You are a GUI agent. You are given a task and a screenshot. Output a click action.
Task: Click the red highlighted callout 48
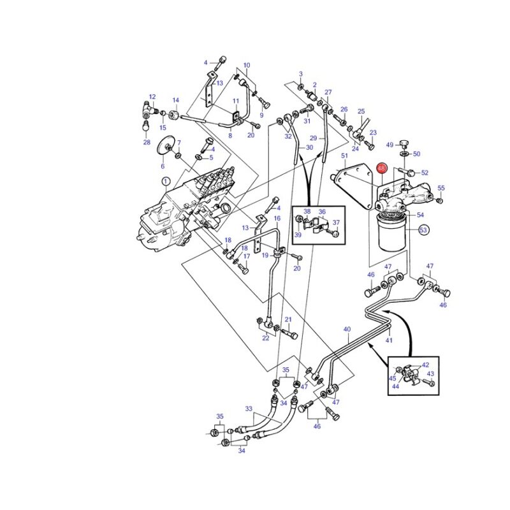pos(381,168)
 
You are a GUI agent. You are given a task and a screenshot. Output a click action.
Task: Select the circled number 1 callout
pos(166,182)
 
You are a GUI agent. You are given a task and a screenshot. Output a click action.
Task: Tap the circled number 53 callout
pos(423,230)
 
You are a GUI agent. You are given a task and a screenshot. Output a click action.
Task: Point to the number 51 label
pos(344,156)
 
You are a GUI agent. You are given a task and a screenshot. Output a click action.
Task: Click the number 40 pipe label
pos(347,329)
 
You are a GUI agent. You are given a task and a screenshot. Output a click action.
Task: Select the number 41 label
pos(389,340)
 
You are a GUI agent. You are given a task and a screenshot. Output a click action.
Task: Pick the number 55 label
pos(441,188)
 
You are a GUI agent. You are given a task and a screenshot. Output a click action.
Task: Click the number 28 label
pos(147,142)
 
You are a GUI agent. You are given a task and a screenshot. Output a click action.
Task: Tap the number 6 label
pos(163,166)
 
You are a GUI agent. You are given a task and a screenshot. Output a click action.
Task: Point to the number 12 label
pos(152,97)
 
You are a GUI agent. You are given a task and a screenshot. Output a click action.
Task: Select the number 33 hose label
pos(249,409)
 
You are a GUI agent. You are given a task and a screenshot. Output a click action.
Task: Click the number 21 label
pos(288,320)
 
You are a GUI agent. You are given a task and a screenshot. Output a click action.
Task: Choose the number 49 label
pos(390,145)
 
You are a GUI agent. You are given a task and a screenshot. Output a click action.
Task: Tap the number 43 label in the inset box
pos(430,374)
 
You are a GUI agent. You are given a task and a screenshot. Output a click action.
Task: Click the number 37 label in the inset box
pos(337,222)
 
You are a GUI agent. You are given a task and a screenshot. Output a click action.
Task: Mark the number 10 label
pos(247,65)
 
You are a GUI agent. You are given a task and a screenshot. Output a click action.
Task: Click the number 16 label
pos(277,218)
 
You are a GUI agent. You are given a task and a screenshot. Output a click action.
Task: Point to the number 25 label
pos(361,111)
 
